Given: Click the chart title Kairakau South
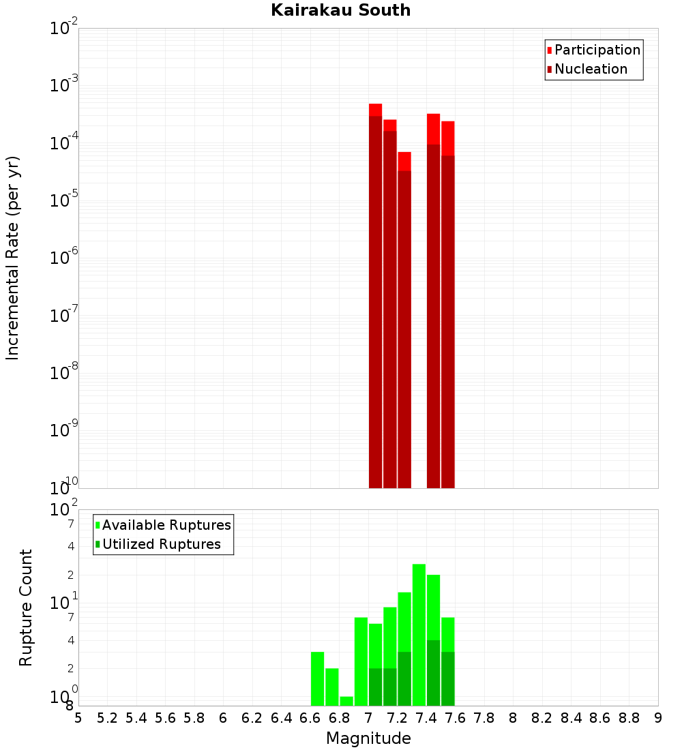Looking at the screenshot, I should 340,10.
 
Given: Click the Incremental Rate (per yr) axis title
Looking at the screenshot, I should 13,258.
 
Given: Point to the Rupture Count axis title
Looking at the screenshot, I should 26,607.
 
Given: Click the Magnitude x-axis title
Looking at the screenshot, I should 368,738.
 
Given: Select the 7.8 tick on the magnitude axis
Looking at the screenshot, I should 484,718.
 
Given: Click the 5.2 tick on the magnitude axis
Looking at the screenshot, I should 108,718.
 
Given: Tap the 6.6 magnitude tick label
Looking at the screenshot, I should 310,718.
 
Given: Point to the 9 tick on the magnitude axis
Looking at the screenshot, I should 658,718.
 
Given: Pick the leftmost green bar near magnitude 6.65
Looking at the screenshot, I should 317,678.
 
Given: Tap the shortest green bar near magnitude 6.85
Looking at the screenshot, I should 346,701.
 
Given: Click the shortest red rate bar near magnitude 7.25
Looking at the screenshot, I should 404,320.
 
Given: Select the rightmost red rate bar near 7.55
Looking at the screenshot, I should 447,307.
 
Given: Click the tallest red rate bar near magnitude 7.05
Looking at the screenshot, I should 375,293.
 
